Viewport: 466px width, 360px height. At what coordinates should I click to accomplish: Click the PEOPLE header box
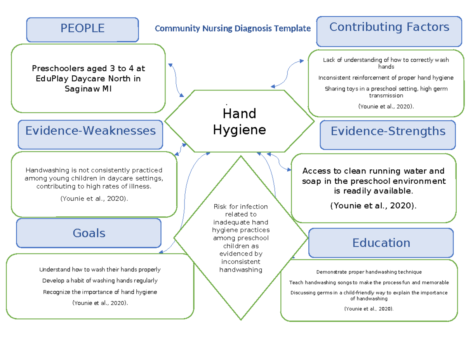[82, 29]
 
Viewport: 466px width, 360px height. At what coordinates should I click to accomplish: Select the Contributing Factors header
[389, 28]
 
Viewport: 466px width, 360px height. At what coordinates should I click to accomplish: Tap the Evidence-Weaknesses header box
[90, 131]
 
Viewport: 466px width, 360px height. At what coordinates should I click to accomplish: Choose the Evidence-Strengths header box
[388, 132]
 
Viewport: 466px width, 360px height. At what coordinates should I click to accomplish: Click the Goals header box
[89, 233]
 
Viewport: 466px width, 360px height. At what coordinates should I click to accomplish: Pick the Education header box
[381, 243]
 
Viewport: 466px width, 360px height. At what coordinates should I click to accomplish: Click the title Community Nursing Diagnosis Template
[233, 28]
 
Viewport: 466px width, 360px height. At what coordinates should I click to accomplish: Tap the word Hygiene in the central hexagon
[239, 130]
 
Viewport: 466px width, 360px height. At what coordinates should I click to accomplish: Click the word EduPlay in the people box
[50, 79]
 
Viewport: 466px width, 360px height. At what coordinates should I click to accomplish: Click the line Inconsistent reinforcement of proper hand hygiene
[386, 78]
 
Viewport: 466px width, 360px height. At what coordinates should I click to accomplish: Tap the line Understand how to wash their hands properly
[100, 270]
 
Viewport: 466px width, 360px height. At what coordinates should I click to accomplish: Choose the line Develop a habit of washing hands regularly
[100, 281]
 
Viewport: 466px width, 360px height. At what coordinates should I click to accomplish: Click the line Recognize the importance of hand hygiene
[100, 292]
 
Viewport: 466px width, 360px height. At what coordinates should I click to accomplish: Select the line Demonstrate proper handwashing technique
[369, 272]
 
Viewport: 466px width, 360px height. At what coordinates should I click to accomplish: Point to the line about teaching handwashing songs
[369, 283]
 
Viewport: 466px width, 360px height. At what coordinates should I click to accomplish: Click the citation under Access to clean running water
[373, 206]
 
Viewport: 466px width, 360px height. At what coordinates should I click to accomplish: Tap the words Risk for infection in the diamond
[241, 207]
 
